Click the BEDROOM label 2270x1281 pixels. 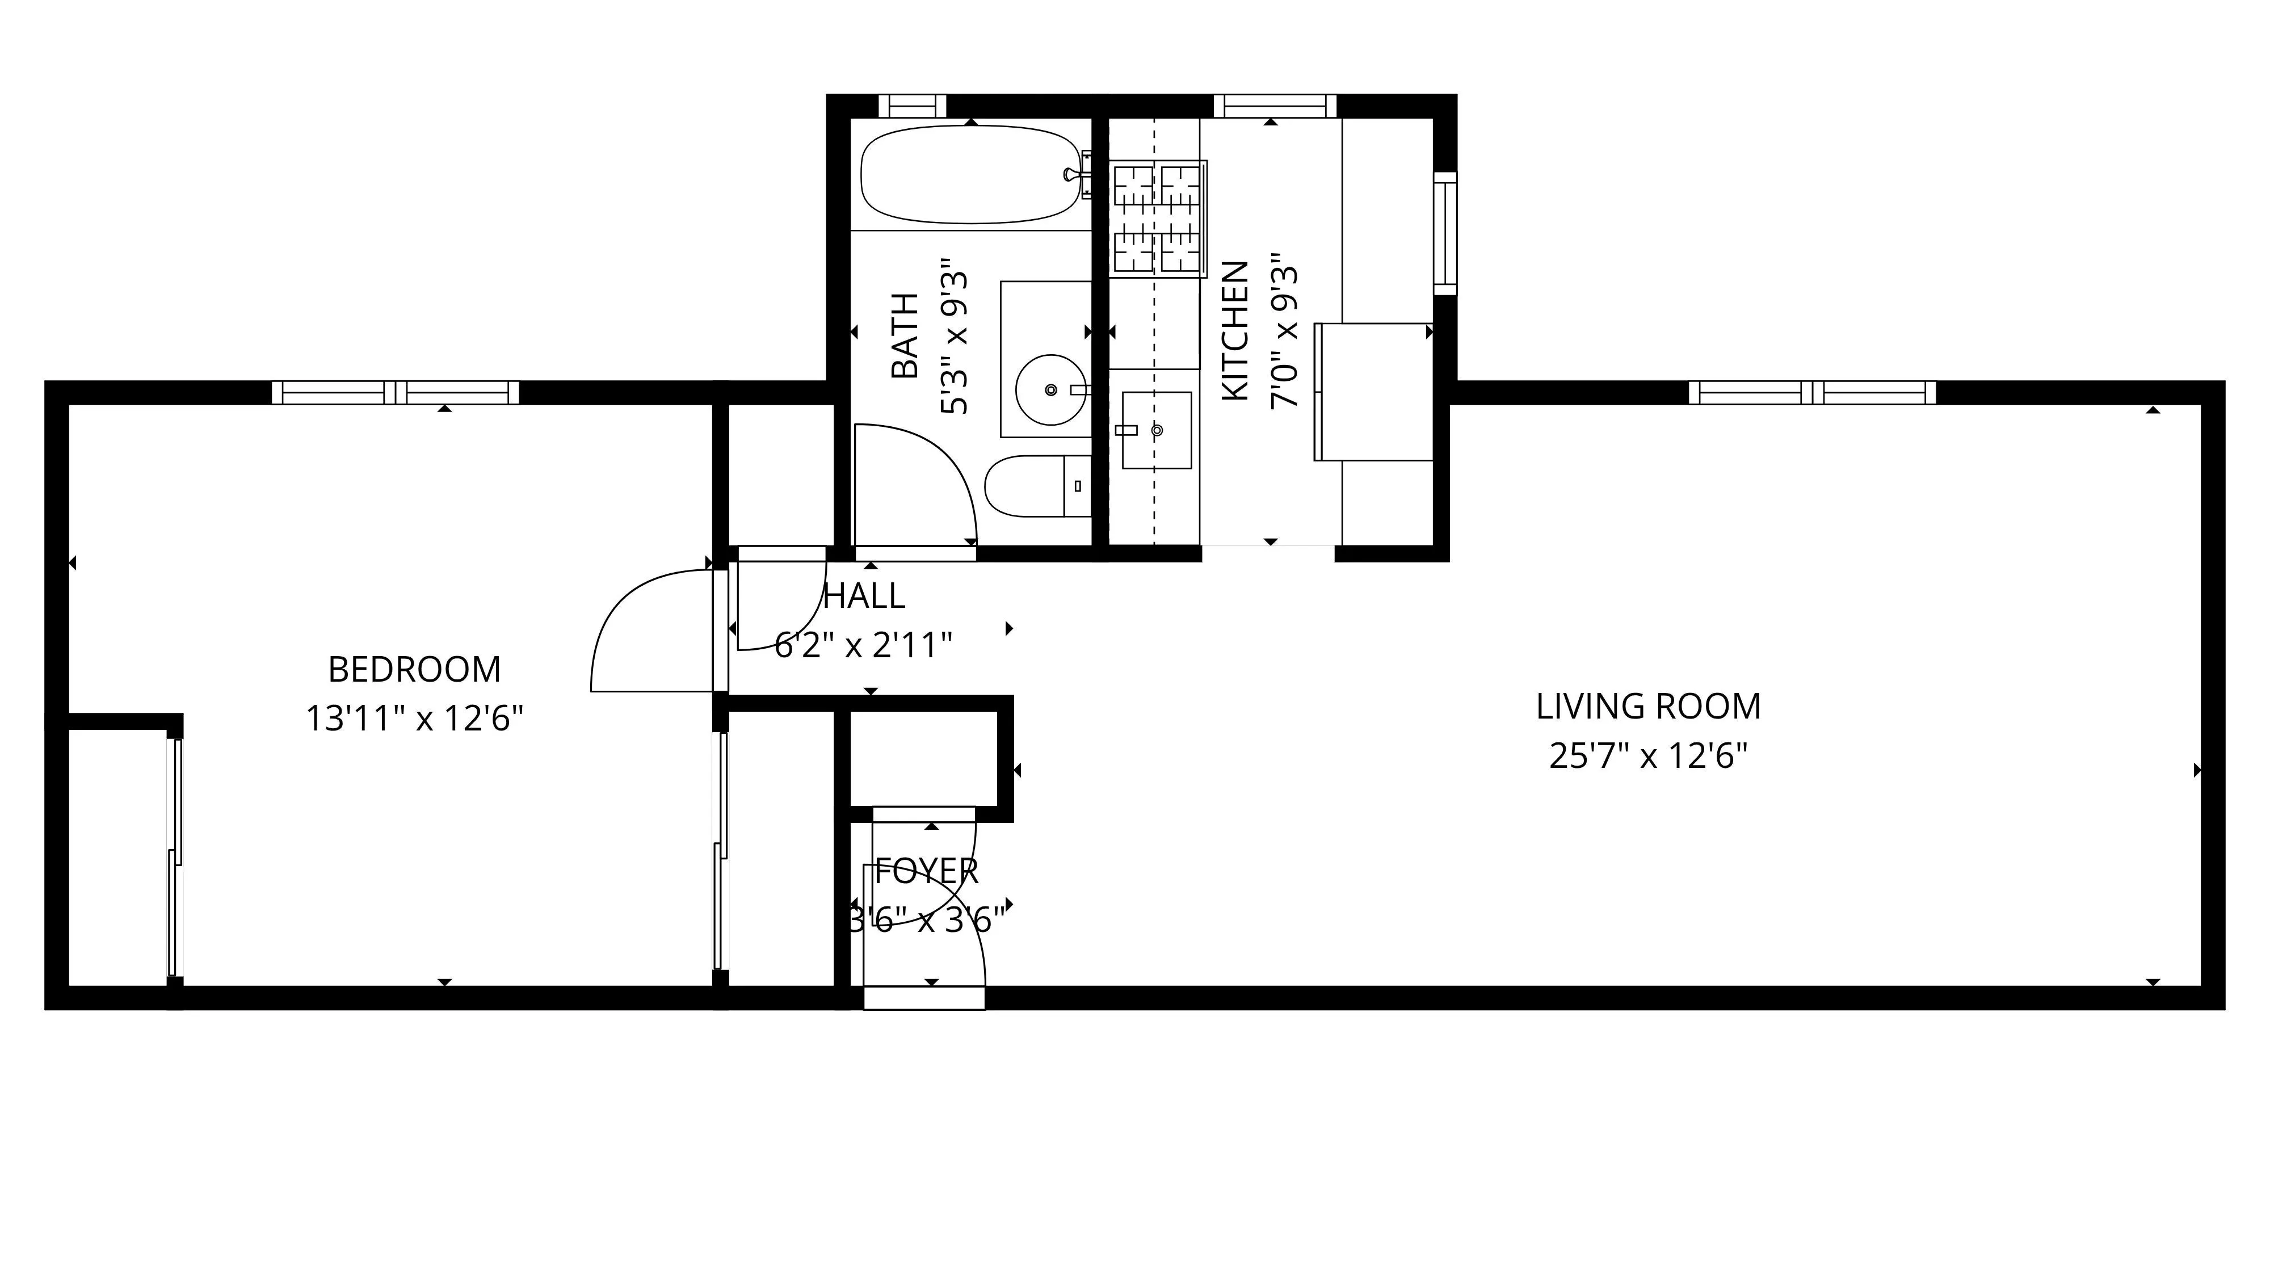point(414,670)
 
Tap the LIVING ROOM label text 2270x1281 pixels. point(1648,707)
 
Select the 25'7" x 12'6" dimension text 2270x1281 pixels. point(1648,757)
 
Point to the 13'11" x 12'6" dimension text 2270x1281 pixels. point(414,720)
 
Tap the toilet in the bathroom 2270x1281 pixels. point(1036,486)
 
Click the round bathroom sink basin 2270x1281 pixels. point(1050,389)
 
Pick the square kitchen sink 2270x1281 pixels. point(1156,430)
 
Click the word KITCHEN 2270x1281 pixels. point(1235,331)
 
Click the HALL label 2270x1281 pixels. point(864,597)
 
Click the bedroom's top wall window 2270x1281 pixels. point(395,392)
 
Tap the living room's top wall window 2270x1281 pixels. point(1812,392)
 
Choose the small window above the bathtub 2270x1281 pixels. point(911,106)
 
